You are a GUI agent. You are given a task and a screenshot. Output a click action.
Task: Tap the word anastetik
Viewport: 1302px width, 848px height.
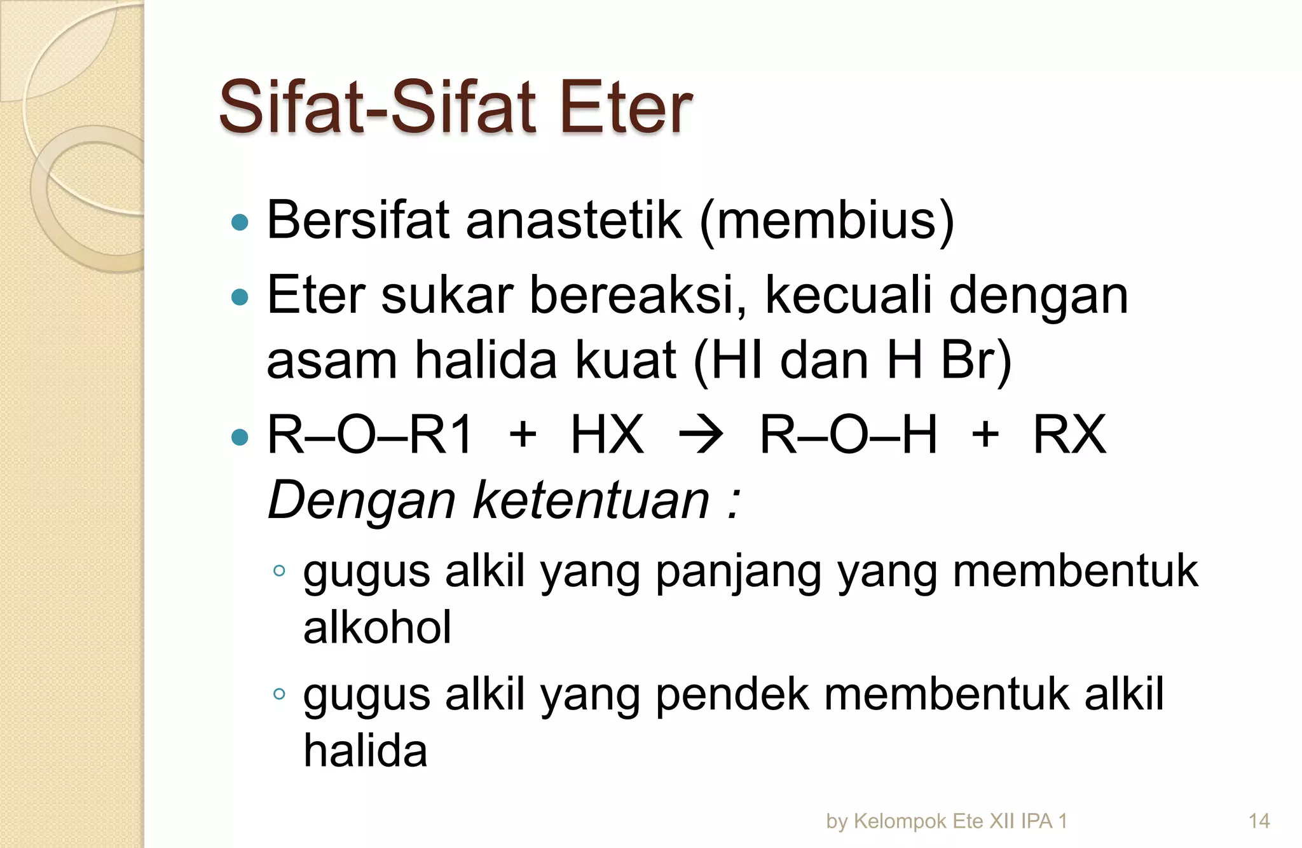click(573, 220)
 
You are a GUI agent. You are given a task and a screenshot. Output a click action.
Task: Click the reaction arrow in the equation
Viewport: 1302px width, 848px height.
click(701, 435)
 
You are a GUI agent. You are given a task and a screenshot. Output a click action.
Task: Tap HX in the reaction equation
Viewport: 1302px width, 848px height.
click(607, 435)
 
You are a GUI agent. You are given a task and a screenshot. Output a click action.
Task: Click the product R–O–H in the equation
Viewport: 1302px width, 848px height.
click(848, 435)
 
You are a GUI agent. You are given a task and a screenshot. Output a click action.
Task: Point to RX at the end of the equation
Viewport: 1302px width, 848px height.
click(1069, 435)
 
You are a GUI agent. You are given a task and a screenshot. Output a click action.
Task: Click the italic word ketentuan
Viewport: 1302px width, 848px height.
click(591, 500)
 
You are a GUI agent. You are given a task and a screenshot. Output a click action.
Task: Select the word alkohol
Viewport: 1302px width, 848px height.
click(377, 627)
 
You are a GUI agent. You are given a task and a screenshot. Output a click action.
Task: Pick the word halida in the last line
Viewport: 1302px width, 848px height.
click(366, 751)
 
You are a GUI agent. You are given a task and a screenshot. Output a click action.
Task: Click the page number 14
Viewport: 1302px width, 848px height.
click(1259, 821)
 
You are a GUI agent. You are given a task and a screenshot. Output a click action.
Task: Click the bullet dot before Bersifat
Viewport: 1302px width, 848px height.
click(240, 222)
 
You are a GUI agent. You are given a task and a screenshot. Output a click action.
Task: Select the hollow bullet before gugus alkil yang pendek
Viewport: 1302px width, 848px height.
click(278, 694)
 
